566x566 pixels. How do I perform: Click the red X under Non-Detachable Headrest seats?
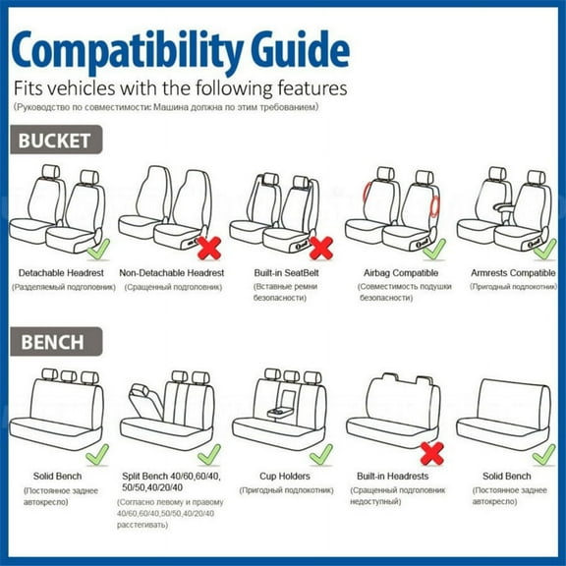click(208, 247)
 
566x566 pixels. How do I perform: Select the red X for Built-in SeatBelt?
click(320, 247)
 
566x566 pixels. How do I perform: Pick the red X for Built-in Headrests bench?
click(430, 453)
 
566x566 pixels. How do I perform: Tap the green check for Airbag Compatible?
click(434, 248)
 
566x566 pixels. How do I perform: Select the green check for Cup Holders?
click(320, 453)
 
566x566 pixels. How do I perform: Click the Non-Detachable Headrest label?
click(172, 272)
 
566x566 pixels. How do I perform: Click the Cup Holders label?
click(286, 476)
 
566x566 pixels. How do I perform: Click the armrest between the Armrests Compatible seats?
click(501, 207)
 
